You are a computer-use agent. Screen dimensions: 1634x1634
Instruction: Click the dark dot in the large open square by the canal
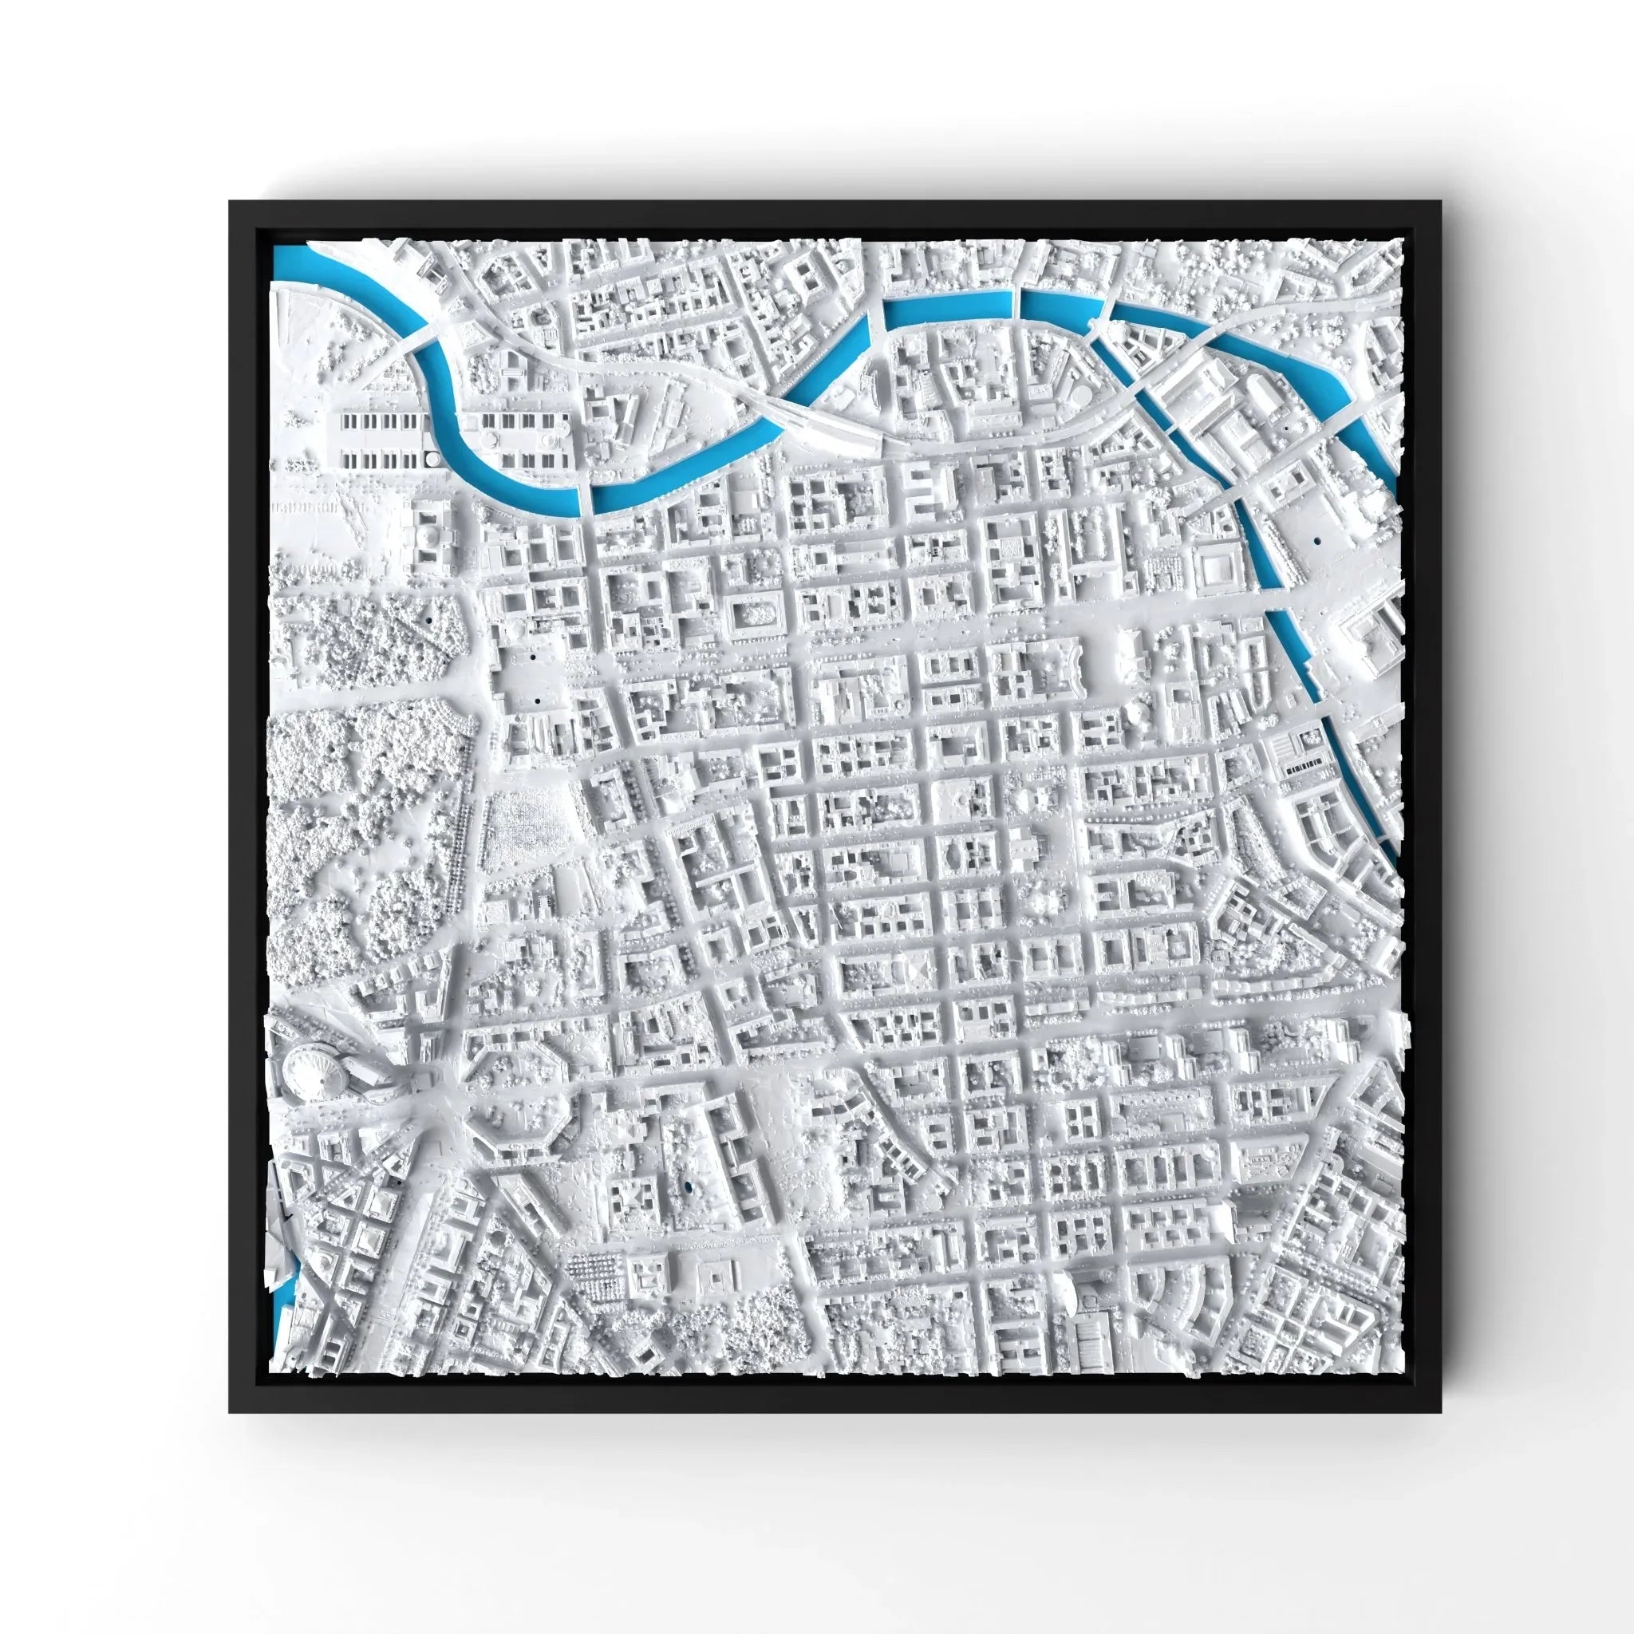click(x=1316, y=538)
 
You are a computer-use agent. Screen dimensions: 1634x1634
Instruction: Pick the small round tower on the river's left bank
click(x=433, y=459)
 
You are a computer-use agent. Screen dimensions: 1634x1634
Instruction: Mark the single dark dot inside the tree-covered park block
click(x=428, y=620)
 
